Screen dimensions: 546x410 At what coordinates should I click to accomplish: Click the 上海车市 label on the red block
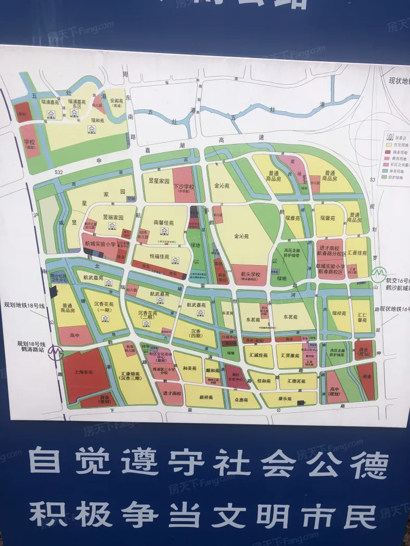point(83,372)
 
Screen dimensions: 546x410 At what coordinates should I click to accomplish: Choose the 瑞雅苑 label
point(294,219)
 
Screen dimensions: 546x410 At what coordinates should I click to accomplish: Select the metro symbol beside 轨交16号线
point(380,272)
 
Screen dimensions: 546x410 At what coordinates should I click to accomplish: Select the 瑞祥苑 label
point(338,314)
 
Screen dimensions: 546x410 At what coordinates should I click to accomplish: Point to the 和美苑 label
point(189,367)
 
